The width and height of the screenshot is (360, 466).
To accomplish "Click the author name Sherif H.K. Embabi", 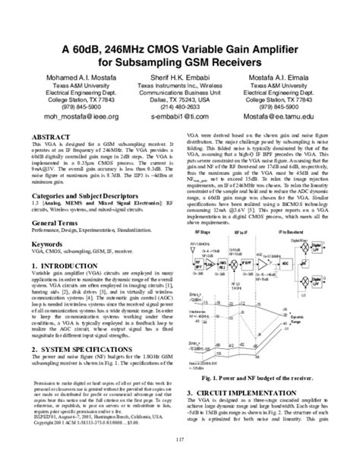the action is (179, 77).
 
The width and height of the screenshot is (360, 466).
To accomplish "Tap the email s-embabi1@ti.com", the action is (179, 119).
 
